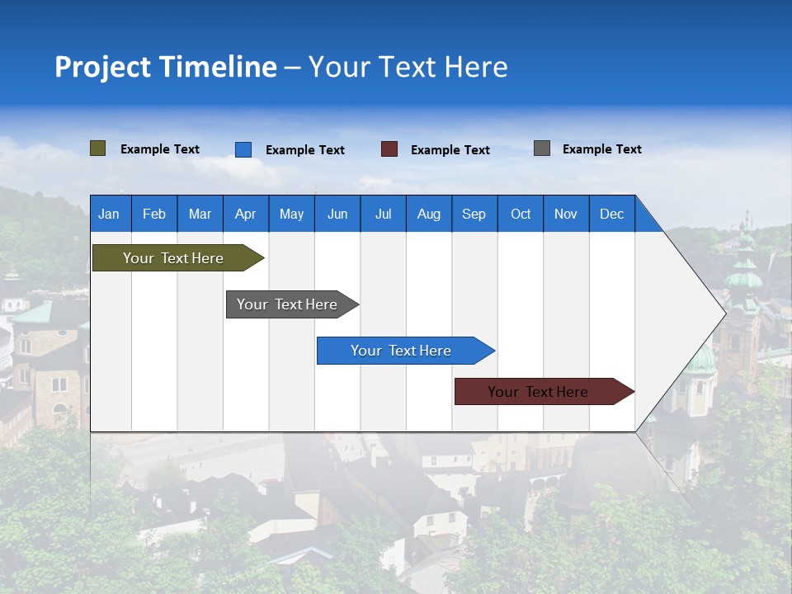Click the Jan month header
pyautogui.click(x=110, y=214)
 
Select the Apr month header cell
pyautogui.click(x=245, y=214)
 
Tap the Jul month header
pyautogui.click(x=383, y=214)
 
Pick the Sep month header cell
pyautogui.click(x=474, y=214)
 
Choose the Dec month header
pyautogui.click(x=611, y=214)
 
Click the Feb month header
pyautogui.click(x=154, y=214)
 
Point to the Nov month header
pyautogui.click(x=566, y=214)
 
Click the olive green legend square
pyautogui.click(x=97, y=148)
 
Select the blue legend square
pyautogui.click(x=243, y=149)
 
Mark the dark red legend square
pyautogui.click(x=389, y=149)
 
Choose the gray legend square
pyautogui.click(x=542, y=148)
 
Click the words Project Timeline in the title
pyautogui.click(x=165, y=67)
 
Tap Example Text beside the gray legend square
pyautogui.click(x=601, y=149)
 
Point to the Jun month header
pyautogui.click(x=337, y=214)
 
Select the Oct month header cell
pyautogui.click(x=521, y=214)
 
